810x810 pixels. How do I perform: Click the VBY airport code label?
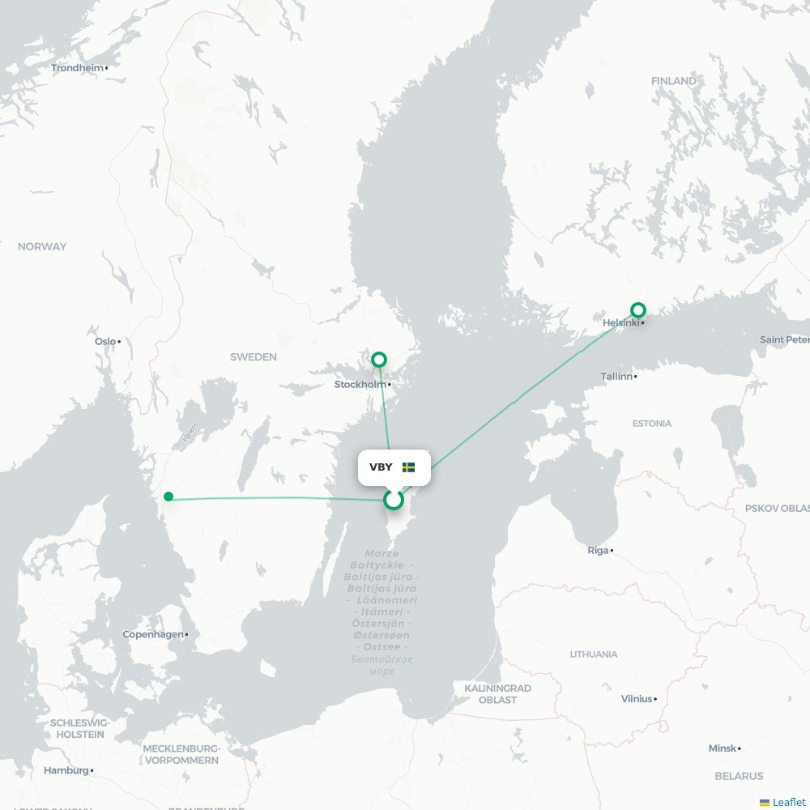(x=381, y=467)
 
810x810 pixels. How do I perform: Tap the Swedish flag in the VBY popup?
(x=408, y=467)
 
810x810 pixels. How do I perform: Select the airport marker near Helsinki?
(x=638, y=309)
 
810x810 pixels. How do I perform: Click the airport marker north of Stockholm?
(x=378, y=360)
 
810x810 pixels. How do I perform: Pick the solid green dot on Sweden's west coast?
(x=168, y=497)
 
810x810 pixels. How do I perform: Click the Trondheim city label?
(x=78, y=68)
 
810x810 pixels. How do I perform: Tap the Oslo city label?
(x=105, y=342)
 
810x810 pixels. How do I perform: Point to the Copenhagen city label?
(x=153, y=635)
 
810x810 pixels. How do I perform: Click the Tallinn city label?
(x=616, y=377)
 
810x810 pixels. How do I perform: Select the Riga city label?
(x=598, y=551)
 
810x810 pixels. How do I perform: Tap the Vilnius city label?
(x=637, y=699)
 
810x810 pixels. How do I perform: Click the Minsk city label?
(x=723, y=749)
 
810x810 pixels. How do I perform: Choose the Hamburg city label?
(x=66, y=771)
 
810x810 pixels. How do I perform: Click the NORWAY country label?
(x=42, y=247)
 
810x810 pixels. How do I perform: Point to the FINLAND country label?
(x=673, y=81)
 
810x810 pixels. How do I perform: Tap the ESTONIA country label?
(x=652, y=424)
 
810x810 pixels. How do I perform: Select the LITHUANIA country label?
(x=593, y=654)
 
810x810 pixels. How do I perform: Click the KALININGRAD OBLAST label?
(x=497, y=694)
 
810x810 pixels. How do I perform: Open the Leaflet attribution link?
(x=788, y=802)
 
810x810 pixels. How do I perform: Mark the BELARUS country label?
(x=739, y=776)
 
